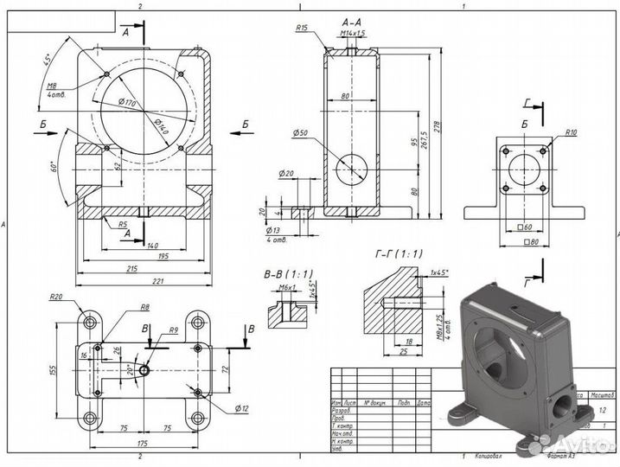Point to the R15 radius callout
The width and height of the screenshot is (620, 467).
click(x=302, y=29)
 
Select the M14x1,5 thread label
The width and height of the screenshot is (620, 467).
click(x=353, y=33)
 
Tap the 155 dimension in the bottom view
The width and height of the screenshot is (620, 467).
click(x=54, y=369)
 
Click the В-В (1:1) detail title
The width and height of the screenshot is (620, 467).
click(x=289, y=274)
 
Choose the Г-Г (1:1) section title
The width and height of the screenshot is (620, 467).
click(x=399, y=253)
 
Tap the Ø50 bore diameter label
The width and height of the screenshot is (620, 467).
click(x=301, y=132)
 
